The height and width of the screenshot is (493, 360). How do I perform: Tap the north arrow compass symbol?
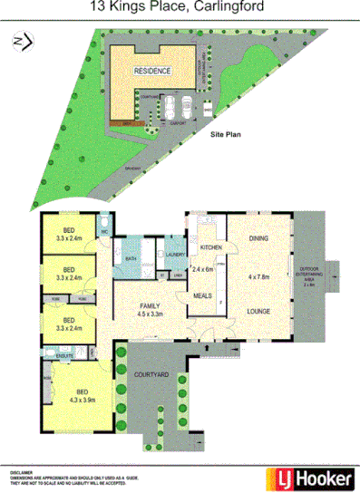pyautogui.click(x=22, y=41)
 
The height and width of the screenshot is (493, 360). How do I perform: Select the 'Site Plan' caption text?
pyautogui.click(x=227, y=133)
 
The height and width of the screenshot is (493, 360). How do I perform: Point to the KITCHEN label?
pyautogui.click(x=211, y=246)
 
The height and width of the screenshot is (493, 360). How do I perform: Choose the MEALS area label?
pyautogui.click(x=203, y=295)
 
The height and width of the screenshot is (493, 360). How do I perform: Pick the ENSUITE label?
pyautogui.click(x=64, y=357)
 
